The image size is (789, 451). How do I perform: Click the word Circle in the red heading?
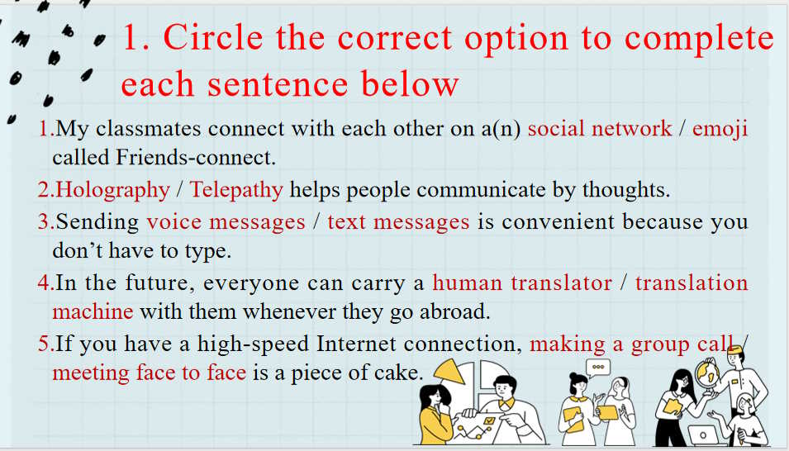tap(213, 38)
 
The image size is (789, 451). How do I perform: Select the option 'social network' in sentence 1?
tap(599, 128)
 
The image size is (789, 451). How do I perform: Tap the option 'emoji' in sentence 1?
tap(720, 130)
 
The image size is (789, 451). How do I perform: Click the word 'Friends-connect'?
tap(195, 158)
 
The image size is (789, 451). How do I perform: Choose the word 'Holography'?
tap(112, 190)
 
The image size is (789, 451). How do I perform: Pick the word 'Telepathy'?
tap(236, 190)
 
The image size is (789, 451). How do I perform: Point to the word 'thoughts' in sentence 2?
tap(625, 190)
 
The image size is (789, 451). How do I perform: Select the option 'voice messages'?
tap(226, 222)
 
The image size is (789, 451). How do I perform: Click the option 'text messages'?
tap(398, 222)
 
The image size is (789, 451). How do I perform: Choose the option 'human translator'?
tap(522, 282)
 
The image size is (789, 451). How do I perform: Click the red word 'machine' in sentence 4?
tap(93, 311)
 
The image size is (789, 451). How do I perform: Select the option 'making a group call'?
tap(631, 344)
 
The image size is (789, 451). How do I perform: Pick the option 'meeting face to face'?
tap(150, 373)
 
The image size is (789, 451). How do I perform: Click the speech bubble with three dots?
tap(598, 368)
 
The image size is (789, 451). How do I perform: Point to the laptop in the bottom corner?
tap(703, 434)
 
